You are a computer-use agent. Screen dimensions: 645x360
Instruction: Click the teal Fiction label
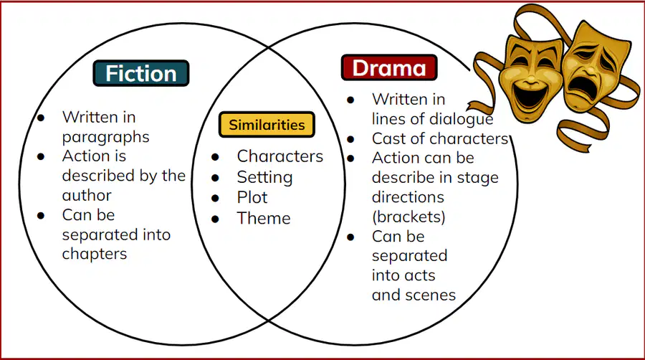coord(141,73)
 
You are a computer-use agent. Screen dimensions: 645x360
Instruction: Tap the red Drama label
coord(389,67)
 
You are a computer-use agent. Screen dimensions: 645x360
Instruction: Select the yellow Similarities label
coord(267,124)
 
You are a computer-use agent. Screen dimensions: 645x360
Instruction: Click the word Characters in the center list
coord(280,156)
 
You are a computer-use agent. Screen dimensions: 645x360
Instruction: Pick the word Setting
coord(265,177)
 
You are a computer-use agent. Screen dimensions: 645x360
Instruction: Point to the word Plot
coord(252,197)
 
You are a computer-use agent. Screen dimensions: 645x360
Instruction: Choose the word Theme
coord(264,218)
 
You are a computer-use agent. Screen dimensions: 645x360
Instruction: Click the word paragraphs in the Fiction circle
coord(106,138)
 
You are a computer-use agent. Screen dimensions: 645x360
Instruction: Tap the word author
coord(87,196)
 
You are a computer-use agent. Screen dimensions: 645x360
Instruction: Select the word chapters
coord(95,255)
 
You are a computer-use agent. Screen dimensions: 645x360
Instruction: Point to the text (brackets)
coord(409,217)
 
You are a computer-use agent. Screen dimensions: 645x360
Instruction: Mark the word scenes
coord(434,295)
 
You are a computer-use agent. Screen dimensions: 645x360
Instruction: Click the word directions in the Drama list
coord(408,197)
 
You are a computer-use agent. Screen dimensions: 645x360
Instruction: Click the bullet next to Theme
coord(215,219)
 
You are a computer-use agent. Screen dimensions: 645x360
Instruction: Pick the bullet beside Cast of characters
coord(350,139)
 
